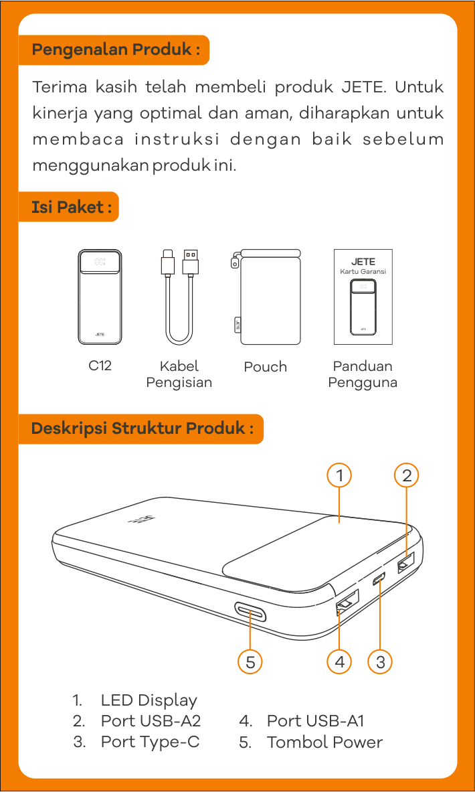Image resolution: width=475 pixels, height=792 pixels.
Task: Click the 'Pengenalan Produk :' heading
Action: (114, 50)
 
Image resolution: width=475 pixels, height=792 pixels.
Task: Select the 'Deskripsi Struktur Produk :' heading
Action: (141, 429)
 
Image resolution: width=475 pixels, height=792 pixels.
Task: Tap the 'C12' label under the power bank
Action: (100, 366)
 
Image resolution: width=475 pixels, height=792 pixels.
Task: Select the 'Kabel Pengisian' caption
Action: (179, 374)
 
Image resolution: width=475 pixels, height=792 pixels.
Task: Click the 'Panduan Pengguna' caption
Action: (363, 374)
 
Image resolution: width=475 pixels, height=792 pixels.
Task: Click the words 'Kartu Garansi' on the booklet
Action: (363, 272)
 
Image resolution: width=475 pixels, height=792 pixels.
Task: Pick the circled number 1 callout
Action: (339, 475)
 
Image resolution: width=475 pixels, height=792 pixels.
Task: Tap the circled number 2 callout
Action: (407, 475)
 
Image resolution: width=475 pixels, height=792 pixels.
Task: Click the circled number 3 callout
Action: (381, 661)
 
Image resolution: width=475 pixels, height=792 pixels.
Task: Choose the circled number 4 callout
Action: (339, 661)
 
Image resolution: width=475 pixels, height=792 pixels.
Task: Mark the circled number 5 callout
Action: (250, 661)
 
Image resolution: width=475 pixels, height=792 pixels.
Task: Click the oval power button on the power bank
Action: (250, 611)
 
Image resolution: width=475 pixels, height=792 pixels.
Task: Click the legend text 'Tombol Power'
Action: (324, 742)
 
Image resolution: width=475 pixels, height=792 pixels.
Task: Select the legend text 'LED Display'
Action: (149, 700)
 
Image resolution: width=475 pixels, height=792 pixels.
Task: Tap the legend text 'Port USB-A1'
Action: (316, 721)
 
